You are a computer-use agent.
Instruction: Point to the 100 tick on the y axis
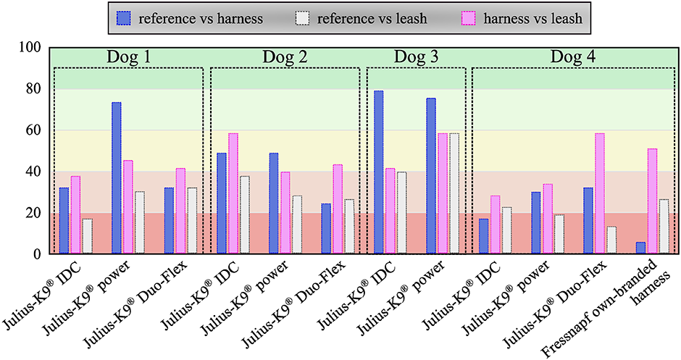point(32,48)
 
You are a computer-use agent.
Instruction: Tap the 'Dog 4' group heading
point(572,56)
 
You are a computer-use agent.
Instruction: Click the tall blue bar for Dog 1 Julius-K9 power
point(116,178)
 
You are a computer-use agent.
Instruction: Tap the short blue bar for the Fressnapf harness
point(640,248)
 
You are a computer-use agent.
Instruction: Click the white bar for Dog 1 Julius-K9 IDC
point(87,236)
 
